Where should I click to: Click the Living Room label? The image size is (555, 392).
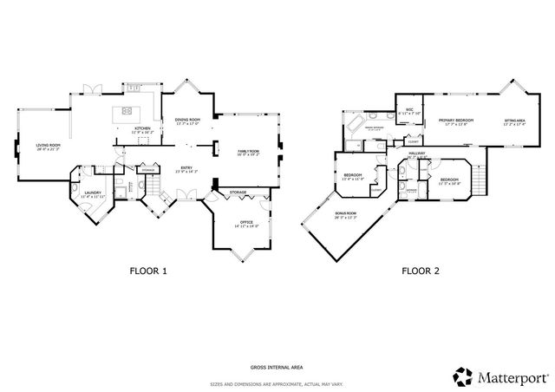tap(48, 147)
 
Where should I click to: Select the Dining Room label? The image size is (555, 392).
tap(187, 121)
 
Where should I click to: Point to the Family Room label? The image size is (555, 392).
tap(250, 153)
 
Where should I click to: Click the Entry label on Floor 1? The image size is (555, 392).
tap(186, 169)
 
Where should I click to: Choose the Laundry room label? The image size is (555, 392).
tap(93, 195)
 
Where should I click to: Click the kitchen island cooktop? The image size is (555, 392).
tap(127, 110)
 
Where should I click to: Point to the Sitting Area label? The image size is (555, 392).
tap(514, 122)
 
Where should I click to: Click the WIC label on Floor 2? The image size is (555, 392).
tap(408, 111)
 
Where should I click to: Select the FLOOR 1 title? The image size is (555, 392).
tap(148, 271)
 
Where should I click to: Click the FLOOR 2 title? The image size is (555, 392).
tap(420, 271)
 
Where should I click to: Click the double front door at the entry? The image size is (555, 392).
tap(183, 203)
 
